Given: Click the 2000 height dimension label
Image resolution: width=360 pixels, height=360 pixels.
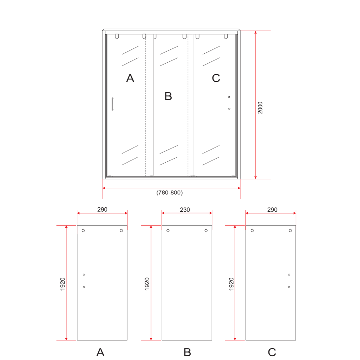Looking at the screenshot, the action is (x=260, y=108).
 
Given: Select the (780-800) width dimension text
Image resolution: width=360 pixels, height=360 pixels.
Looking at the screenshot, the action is (x=169, y=192).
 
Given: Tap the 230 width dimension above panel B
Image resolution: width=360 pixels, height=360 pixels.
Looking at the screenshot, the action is (x=185, y=209).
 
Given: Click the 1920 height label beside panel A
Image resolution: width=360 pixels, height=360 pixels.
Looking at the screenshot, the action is (x=62, y=284).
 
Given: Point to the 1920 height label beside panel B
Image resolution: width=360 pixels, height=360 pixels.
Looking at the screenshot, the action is (x=147, y=284).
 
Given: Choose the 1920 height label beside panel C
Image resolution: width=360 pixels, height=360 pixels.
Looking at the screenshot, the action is (x=231, y=284).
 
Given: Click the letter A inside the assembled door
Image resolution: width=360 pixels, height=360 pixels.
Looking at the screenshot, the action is (x=130, y=78).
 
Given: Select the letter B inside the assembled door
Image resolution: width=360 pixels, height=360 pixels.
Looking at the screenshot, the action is (x=168, y=96).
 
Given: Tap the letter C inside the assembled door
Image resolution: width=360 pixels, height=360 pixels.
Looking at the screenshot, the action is (x=216, y=78).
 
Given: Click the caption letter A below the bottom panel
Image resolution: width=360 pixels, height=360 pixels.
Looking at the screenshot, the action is (x=100, y=352).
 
